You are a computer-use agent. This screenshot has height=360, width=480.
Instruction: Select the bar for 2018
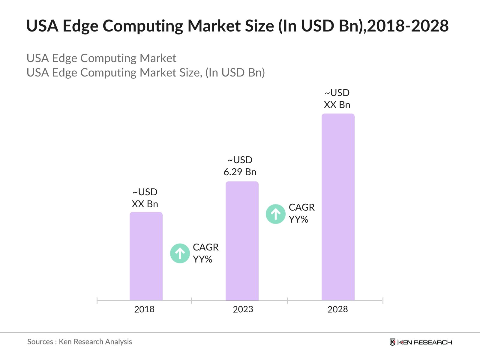(146, 256)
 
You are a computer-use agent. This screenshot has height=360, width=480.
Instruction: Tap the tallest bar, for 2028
(338, 207)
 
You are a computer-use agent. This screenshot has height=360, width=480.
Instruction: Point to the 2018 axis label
(144, 309)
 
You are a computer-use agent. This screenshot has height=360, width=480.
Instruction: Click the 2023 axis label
(243, 309)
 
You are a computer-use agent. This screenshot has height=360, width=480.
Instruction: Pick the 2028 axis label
(337, 309)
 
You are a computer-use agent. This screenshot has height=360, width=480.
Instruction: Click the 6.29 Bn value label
(240, 172)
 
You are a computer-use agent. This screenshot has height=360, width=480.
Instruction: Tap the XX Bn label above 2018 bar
(145, 204)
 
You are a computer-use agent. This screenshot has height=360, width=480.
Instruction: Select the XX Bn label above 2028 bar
(337, 105)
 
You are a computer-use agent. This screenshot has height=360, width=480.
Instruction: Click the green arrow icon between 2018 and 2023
(180, 253)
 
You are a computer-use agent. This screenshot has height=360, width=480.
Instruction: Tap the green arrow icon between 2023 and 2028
(276, 214)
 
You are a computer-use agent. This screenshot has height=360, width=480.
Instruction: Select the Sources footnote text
(79, 342)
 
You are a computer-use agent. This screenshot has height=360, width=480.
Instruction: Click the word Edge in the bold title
(80, 26)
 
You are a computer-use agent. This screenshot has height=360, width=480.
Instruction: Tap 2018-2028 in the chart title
(408, 26)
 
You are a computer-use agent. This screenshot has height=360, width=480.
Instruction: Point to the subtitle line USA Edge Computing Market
(101, 58)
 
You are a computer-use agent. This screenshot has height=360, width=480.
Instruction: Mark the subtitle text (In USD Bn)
(235, 73)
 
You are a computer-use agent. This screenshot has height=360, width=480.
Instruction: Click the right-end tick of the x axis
(383, 300)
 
